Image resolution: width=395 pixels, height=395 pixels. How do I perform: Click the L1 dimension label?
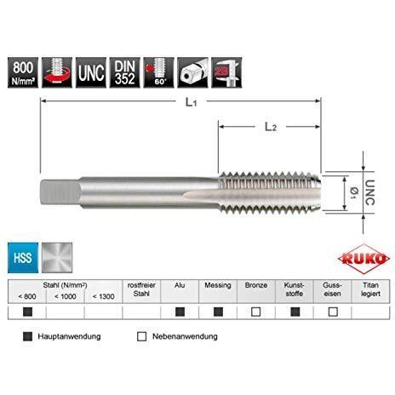[x=192, y=102]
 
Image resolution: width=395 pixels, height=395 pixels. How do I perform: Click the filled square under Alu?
[x=180, y=312]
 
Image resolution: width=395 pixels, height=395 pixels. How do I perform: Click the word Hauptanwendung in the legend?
[x=69, y=336]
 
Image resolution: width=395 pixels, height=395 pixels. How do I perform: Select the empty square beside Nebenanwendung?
[x=141, y=336]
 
